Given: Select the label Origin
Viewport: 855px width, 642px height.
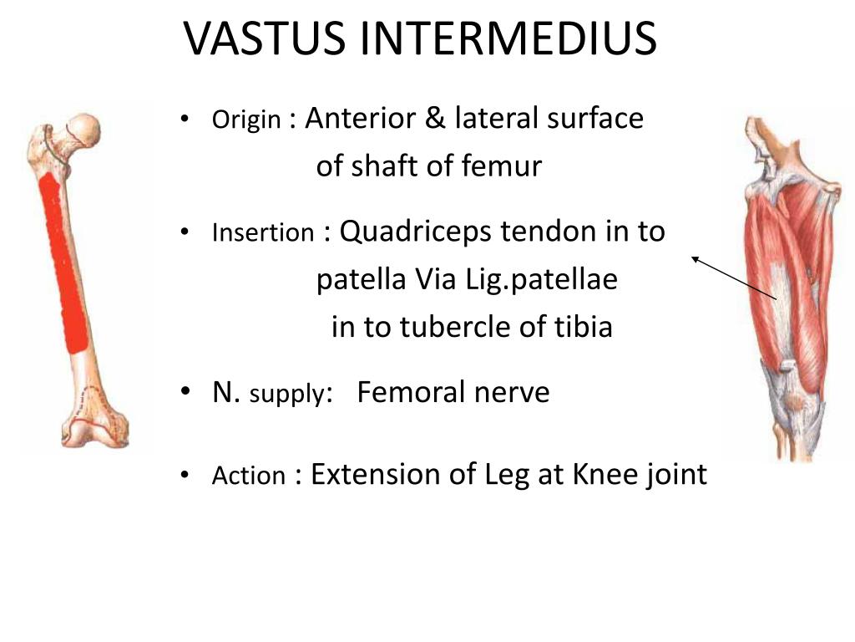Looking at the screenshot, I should click(x=246, y=121).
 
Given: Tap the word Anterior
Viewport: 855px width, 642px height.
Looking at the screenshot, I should click(x=360, y=119).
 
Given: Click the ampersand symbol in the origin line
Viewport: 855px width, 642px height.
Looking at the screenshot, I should click(x=435, y=119).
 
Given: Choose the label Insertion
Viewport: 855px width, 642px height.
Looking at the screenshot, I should click(x=263, y=232).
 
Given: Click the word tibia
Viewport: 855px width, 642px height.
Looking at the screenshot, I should click(x=580, y=326).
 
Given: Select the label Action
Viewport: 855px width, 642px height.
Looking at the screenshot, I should click(x=249, y=476).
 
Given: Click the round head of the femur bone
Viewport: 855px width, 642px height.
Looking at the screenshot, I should click(x=83, y=129).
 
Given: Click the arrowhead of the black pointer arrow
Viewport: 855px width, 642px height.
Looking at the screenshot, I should click(x=694, y=259).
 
